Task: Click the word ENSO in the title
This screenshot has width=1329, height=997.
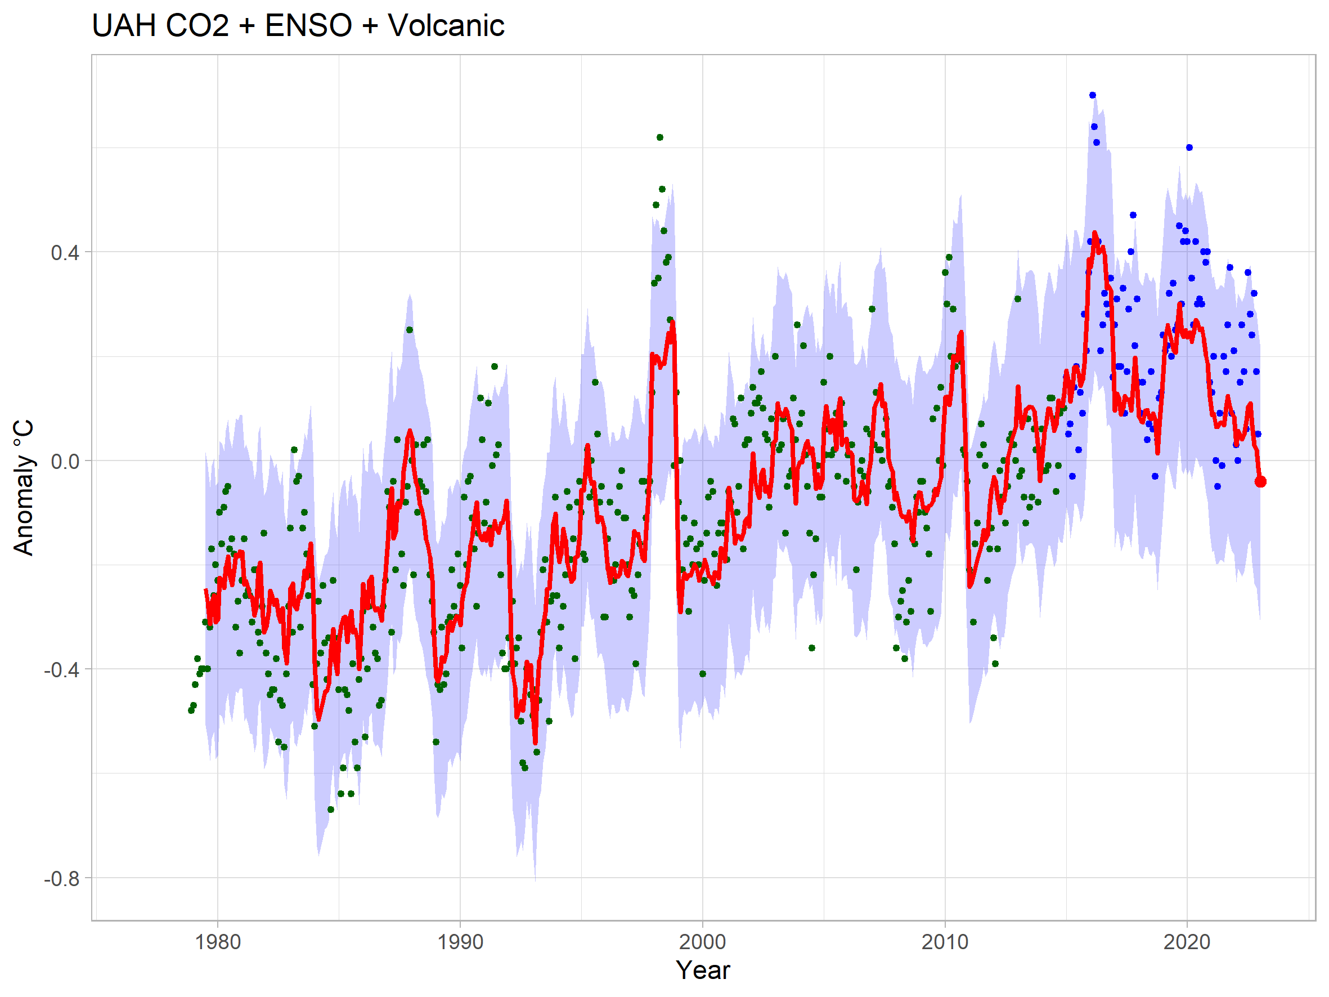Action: tap(308, 26)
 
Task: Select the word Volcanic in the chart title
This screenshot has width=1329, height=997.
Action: tap(446, 26)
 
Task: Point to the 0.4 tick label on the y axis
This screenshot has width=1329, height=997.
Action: tap(65, 252)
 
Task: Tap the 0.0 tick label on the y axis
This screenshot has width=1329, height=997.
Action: tap(65, 461)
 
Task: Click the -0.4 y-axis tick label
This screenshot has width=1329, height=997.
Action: tap(61, 669)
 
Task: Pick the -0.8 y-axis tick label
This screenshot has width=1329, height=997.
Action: tap(61, 879)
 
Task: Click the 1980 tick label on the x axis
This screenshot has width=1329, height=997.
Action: tap(218, 942)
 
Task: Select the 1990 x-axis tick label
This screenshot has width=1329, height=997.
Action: tap(460, 942)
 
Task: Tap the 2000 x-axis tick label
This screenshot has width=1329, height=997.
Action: tap(702, 942)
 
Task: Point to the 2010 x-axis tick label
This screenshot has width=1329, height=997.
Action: tap(945, 942)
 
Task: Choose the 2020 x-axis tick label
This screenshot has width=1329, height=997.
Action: tap(1187, 942)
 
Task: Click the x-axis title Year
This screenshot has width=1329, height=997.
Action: tap(702, 970)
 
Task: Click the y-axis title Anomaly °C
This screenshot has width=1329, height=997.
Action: tap(24, 488)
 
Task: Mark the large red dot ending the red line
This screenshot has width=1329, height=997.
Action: tap(1260, 481)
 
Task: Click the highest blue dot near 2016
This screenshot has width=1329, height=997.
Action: tap(1093, 95)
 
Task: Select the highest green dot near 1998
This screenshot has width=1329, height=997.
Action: tap(659, 137)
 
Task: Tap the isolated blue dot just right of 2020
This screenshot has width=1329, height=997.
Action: tap(1189, 147)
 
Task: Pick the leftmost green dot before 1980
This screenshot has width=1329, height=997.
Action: tap(191, 710)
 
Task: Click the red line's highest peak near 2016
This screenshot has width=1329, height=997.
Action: tap(1095, 233)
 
